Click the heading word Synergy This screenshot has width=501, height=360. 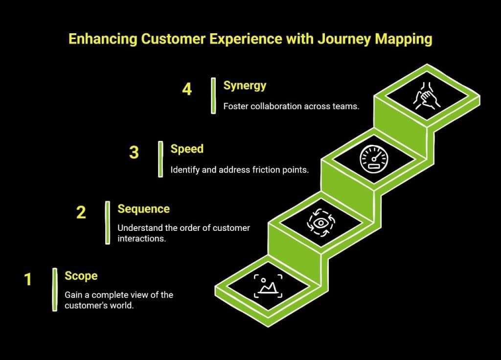(x=245, y=86)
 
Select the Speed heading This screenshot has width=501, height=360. (x=187, y=149)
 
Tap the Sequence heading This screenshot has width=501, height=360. (x=143, y=209)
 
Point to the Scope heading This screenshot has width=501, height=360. (x=81, y=276)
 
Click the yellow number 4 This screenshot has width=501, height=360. (x=187, y=90)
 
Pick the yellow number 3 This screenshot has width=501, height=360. (x=134, y=153)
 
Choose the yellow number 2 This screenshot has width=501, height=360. (x=81, y=212)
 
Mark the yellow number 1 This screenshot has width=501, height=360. (x=28, y=279)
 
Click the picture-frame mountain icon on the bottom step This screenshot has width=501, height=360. (x=268, y=287)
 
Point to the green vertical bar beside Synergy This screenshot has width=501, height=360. (x=213, y=95)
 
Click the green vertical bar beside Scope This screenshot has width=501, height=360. (x=55, y=289)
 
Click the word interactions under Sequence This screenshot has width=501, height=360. (x=140, y=239)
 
